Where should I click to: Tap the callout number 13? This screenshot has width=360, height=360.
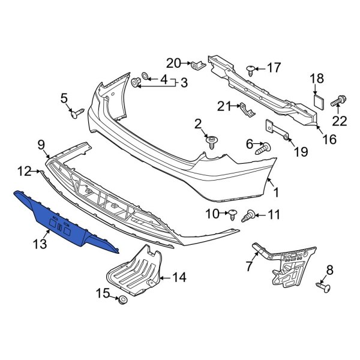click(40, 245)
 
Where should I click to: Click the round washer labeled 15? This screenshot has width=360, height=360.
click(122, 300)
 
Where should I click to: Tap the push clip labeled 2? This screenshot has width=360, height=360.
click(212, 142)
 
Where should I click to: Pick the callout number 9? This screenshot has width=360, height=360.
click(41, 144)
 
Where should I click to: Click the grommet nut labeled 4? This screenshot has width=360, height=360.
click(137, 80)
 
